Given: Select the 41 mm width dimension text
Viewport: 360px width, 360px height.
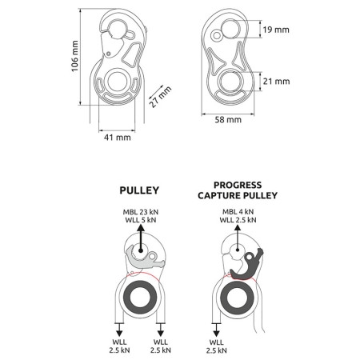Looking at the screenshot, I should coord(117,137).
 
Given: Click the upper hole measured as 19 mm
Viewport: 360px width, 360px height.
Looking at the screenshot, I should coord(234,31).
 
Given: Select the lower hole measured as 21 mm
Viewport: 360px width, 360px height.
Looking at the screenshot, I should coord(233,82).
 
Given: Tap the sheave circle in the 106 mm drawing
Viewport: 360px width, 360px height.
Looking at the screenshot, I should coord(117,82).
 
